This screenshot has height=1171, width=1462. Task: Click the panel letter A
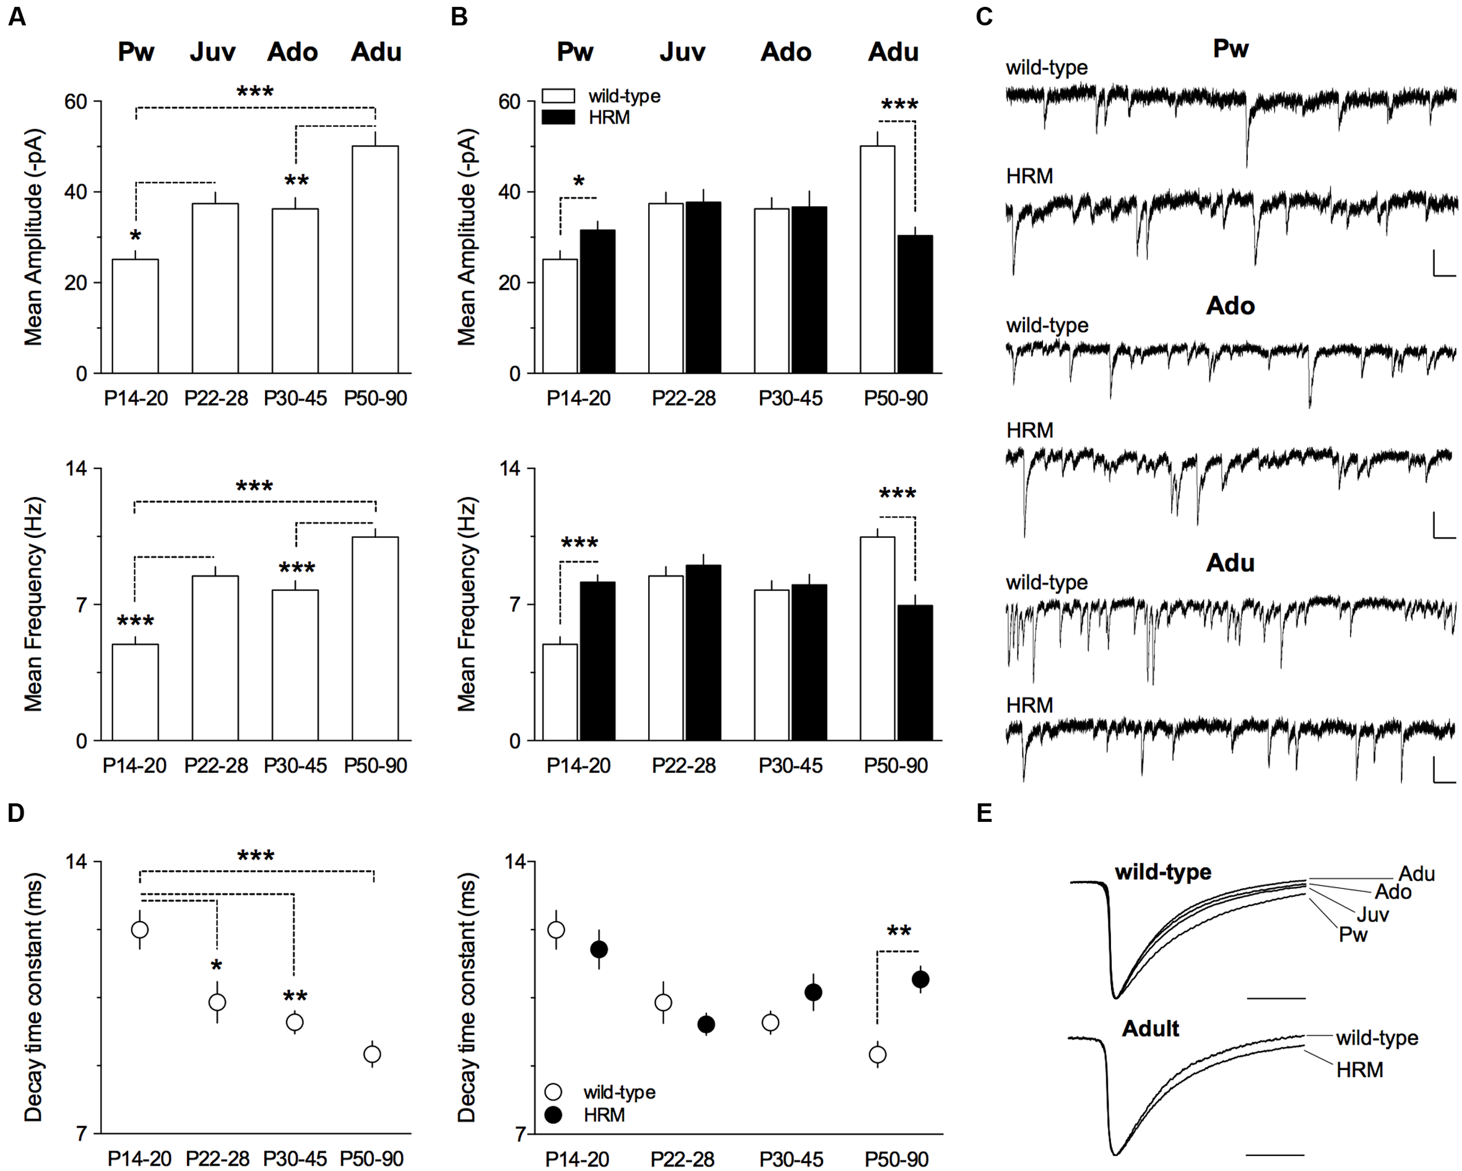pyautogui.click(x=17, y=16)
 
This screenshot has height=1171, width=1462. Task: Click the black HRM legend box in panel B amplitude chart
pyautogui.click(x=558, y=118)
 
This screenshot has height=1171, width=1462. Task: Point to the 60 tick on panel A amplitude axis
pyautogui.click(x=76, y=102)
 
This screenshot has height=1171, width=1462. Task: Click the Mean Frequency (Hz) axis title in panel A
pyautogui.click(x=33, y=604)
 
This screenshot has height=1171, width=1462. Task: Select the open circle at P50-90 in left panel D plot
pyautogui.click(x=371, y=1055)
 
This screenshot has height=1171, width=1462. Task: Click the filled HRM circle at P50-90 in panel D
pyautogui.click(x=920, y=980)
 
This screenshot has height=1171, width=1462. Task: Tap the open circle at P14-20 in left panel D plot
pyautogui.click(x=140, y=930)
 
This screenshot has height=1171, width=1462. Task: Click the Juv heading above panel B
pyautogui.click(x=682, y=52)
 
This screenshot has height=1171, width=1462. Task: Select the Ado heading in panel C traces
pyautogui.click(x=1230, y=306)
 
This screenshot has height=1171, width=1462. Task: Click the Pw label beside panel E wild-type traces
pyautogui.click(x=1353, y=935)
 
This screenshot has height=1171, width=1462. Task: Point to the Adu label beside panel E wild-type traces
pyautogui.click(x=1417, y=874)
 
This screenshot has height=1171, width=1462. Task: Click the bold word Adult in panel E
pyautogui.click(x=1150, y=1029)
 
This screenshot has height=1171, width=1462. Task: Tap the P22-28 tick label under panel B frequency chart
pyautogui.click(x=683, y=766)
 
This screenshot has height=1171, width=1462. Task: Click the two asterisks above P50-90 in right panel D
pyautogui.click(x=899, y=931)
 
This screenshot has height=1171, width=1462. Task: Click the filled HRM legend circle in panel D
pyautogui.click(x=553, y=1115)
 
